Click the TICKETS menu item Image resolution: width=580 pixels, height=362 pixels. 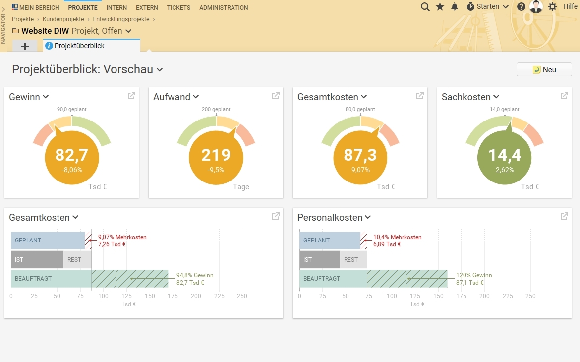click(x=178, y=8)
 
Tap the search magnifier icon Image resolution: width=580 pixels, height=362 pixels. click(x=425, y=7)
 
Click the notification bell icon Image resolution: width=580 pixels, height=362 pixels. click(x=455, y=7)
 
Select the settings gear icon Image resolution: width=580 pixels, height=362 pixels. click(x=552, y=7)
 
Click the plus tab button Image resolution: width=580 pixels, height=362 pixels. click(x=25, y=46)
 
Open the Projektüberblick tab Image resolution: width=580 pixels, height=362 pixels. click(x=79, y=46)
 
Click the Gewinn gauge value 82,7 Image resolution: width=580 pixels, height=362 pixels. click(x=72, y=155)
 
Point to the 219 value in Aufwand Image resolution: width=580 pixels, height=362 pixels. click(x=216, y=155)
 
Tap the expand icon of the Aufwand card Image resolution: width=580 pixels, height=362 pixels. click(x=276, y=96)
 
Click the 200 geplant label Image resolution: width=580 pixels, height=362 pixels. click(x=216, y=109)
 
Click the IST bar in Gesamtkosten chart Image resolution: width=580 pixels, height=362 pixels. click(x=37, y=260)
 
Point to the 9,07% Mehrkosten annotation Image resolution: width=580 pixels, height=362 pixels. click(x=122, y=237)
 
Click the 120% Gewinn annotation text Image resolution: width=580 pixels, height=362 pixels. click(x=474, y=275)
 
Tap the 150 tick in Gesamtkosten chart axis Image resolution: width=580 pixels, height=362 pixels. click(x=150, y=296)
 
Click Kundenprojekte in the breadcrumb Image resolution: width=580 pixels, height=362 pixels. click(x=63, y=19)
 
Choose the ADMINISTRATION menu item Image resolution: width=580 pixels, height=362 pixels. click(x=224, y=8)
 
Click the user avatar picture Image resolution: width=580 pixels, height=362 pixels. click(x=536, y=7)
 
